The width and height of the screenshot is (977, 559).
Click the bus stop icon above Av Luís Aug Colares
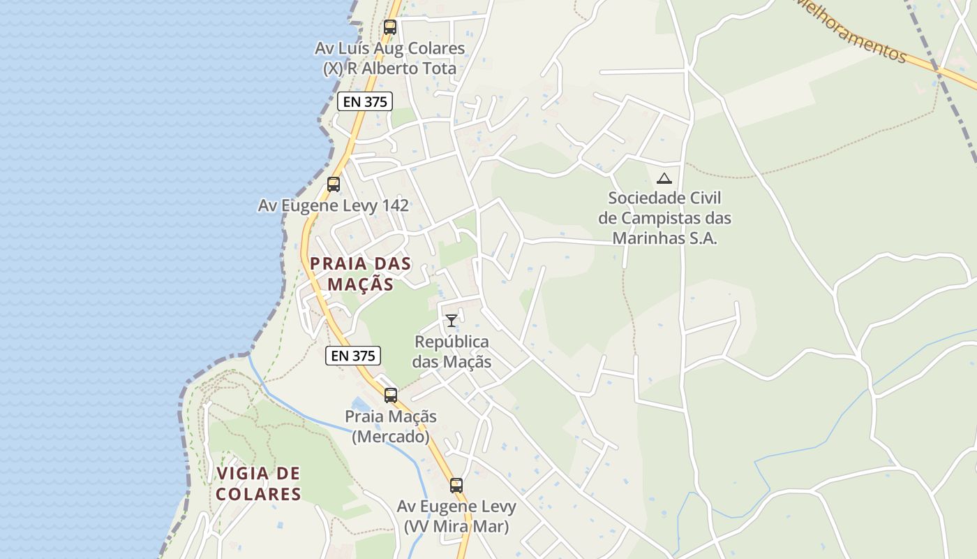[x=390, y=27]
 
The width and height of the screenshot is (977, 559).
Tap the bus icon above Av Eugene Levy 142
[x=334, y=184]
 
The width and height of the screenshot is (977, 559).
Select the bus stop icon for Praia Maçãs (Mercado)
[x=391, y=395]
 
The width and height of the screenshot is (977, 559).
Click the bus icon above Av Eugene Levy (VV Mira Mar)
[x=456, y=485]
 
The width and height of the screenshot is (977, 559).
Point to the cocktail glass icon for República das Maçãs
[x=452, y=321]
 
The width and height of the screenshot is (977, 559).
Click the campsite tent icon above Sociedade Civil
[x=664, y=178]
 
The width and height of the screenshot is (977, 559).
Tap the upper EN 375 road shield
[x=365, y=101]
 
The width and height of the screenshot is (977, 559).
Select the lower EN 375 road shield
[x=353, y=355]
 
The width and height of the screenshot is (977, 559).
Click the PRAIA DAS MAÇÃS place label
[x=361, y=274]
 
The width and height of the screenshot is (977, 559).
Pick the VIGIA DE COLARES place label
[x=258, y=484]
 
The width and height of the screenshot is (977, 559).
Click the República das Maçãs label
[x=452, y=351]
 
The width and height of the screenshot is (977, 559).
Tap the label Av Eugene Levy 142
[x=334, y=205]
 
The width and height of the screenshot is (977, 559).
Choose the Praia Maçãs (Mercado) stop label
[x=391, y=426]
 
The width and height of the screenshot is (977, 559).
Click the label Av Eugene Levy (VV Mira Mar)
[x=456, y=516]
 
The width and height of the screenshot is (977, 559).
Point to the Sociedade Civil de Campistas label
[x=664, y=218]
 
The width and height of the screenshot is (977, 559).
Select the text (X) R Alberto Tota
[x=389, y=68]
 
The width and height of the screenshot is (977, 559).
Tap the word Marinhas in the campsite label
[x=664, y=238]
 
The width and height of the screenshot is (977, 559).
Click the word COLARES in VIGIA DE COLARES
[x=258, y=494]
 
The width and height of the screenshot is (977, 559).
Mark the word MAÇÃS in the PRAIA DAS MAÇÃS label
[x=361, y=284]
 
